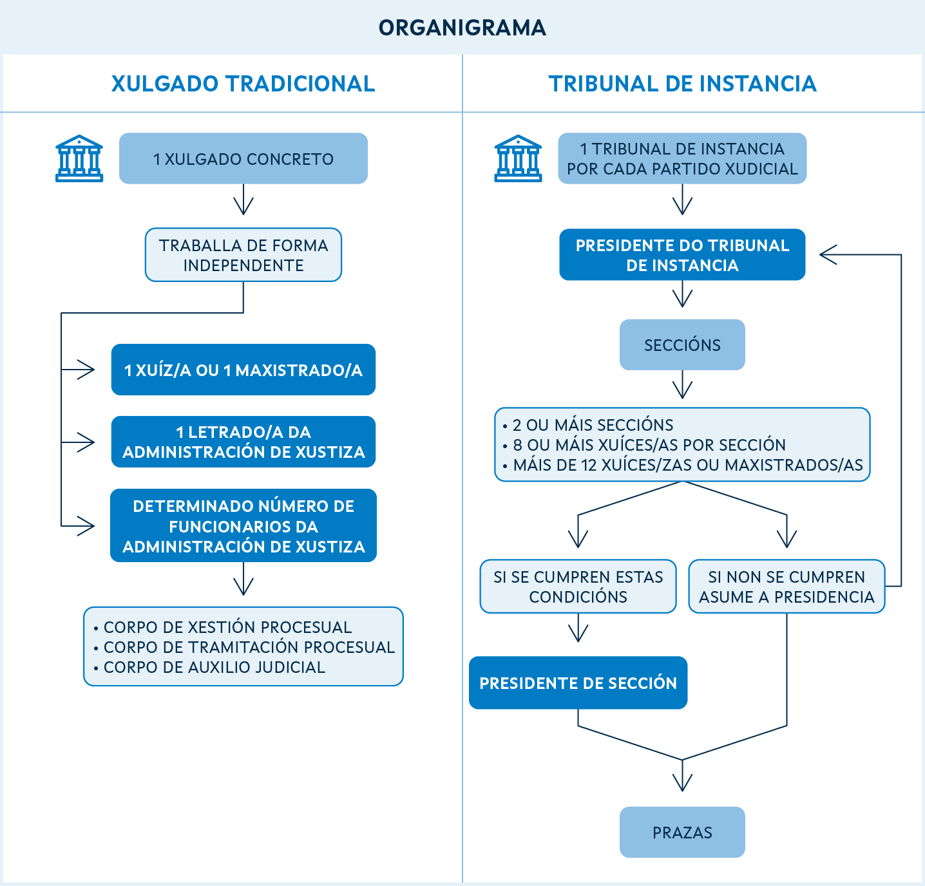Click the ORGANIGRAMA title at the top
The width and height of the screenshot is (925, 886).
point(462,28)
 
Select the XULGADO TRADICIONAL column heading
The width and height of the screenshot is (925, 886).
point(243,84)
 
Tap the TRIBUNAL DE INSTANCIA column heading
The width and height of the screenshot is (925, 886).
point(682,84)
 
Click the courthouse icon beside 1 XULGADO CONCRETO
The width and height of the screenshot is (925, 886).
point(79,158)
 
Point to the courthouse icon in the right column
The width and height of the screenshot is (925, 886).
point(518,158)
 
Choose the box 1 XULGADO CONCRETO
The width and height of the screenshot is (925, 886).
point(243,159)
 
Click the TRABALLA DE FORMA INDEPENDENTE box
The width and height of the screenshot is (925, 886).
point(243,255)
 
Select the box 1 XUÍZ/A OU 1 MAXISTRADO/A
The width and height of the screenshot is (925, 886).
point(243,370)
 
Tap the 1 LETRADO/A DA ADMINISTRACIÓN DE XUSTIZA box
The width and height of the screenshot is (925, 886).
point(243,442)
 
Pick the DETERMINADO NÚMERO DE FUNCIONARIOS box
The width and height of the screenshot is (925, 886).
point(243,526)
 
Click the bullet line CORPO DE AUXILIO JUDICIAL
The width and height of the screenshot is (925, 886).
point(214,667)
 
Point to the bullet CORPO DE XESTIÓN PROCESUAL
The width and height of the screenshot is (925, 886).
point(227,627)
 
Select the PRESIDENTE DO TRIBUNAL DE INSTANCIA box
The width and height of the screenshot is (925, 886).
point(682,255)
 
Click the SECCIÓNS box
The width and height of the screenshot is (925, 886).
point(682,345)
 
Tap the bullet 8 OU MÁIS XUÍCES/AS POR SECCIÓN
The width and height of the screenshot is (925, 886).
point(649,445)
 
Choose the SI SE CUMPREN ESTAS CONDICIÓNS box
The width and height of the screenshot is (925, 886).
point(578,587)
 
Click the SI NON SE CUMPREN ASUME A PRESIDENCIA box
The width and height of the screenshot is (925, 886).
point(787,587)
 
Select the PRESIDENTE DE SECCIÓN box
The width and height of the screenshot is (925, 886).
point(578,683)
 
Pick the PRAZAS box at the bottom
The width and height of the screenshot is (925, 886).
point(682,833)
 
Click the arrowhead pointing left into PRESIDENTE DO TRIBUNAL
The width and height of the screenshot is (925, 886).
point(828,255)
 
